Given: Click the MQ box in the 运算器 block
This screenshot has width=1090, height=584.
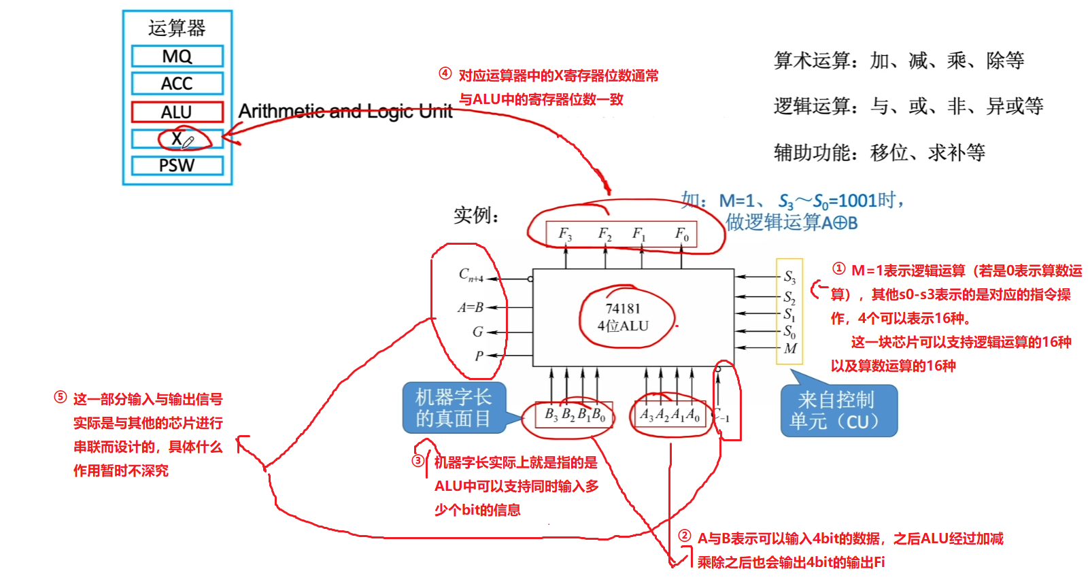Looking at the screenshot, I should pyautogui.click(x=177, y=56).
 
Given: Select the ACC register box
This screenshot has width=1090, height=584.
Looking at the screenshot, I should pyautogui.click(x=177, y=84).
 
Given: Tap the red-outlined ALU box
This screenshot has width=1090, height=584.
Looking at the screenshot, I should pyautogui.click(x=177, y=112).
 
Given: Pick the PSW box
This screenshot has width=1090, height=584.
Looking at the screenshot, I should pyautogui.click(x=177, y=166).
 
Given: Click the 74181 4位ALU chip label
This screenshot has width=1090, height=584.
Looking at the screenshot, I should pyautogui.click(x=623, y=317).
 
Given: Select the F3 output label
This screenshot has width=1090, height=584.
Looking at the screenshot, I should pyautogui.click(x=565, y=234).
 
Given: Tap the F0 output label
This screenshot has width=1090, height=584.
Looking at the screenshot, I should pyautogui.click(x=682, y=234).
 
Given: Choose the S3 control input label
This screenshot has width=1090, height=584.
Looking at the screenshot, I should pyautogui.click(x=789, y=277).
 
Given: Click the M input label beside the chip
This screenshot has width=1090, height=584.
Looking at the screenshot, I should pyautogui.click(x=790, y=349).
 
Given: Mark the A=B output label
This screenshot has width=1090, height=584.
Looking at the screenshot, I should pyautogui.click(x=471, y=307).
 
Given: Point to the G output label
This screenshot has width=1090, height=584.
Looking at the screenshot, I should pyautogui.click(x=477, y=332).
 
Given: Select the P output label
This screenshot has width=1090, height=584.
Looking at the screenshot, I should pyautogui.click(x=479, y=356).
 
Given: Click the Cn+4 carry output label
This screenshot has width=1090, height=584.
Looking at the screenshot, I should pyautogui.click(x=471, y=275).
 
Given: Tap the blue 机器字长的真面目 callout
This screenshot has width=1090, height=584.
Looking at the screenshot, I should pyautogui.click(x=453, y=407).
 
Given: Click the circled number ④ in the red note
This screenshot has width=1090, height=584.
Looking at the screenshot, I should pyautogui.click(x=445, y=73).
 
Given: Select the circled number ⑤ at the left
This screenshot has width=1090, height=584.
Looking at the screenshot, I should pyautogui.click(x=60, y=398).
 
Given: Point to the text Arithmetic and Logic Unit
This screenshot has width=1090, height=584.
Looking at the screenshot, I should pyautogui.click(x=345, y=111).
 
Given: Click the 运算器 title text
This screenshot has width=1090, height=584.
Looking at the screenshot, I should pyautogui.click(x=177, y=28).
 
